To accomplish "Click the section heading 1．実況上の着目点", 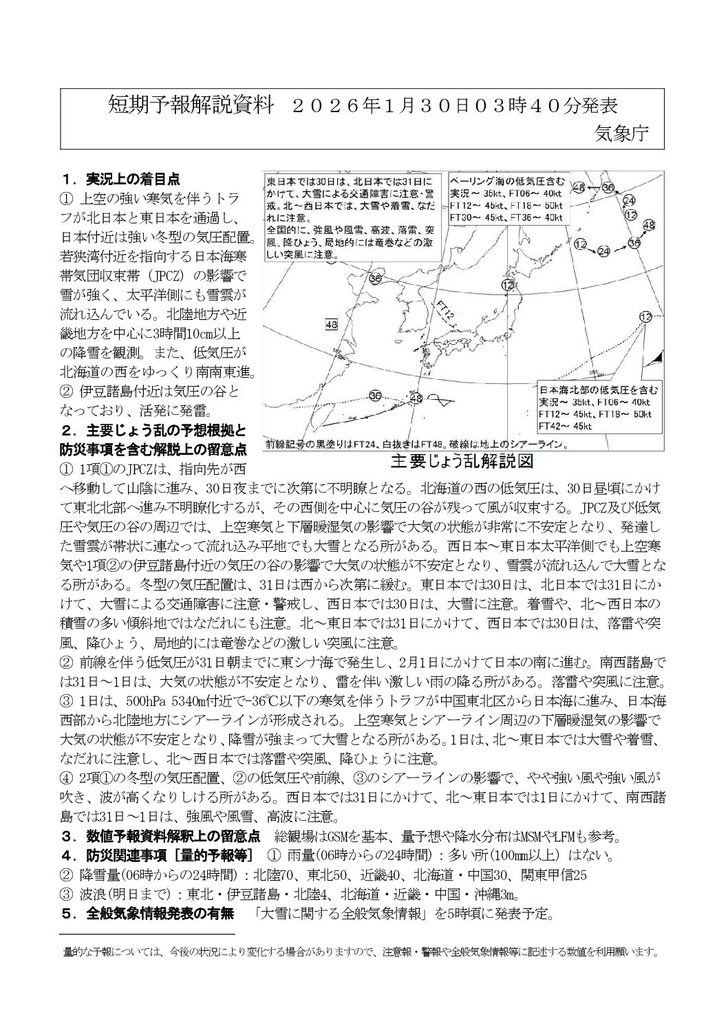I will coord(121,179).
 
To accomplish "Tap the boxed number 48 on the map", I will coord(332,325).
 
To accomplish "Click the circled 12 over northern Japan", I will coord(508,286).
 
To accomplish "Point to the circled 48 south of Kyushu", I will coord(415,398).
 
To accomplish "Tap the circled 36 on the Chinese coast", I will coord(375,279).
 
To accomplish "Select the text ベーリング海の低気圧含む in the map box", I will coord(508,181).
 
